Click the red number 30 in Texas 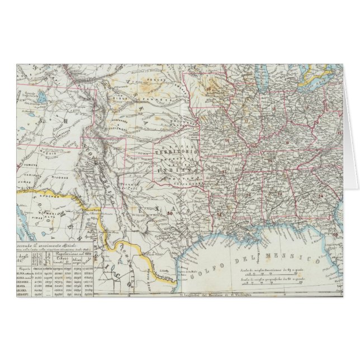coord(168,212)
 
